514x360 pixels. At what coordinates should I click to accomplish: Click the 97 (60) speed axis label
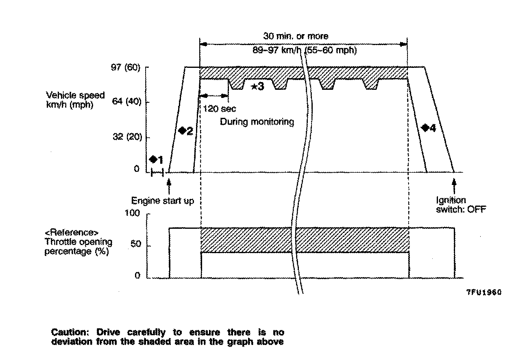pos(125,68)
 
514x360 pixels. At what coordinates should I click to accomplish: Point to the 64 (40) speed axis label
pos(125,102)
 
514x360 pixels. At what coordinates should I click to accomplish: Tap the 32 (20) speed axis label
pos(125,137)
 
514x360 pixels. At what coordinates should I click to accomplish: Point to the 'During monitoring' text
pos(257,121)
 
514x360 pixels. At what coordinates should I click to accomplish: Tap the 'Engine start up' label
pos(163,201)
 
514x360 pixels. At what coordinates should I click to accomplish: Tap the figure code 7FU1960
pos(484,292)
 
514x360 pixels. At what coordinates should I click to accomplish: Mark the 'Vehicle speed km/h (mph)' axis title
pos(75,100)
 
